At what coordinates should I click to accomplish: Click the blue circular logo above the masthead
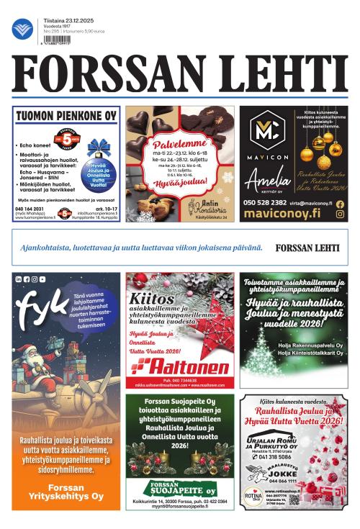coord(23,28)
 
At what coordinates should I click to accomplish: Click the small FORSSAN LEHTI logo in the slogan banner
coord(307,248)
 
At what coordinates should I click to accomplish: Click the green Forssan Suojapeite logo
coord(179,487)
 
